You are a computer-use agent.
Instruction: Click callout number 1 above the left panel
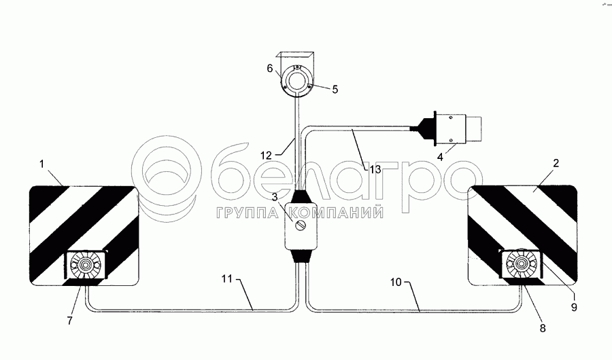(42, 164)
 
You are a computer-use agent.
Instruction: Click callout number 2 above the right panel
(556, 163)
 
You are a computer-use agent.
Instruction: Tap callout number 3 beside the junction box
(276, 197)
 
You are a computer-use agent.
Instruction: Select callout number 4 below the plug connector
(440, 157)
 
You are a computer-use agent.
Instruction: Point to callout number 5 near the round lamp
(335, 90)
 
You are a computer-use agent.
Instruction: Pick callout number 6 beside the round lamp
(270, 69)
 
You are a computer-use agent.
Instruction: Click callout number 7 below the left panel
(69, 321)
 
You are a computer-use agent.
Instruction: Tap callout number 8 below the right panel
(543, 328)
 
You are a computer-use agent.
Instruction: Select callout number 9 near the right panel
(574, 307)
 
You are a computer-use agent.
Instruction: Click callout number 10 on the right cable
(396, 282)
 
